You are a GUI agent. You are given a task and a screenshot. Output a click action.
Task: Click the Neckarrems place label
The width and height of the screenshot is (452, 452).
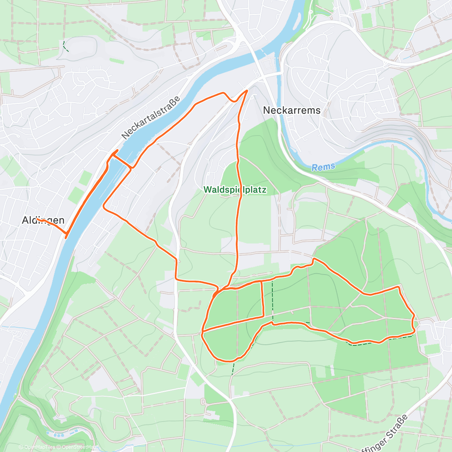(x=292, y=110)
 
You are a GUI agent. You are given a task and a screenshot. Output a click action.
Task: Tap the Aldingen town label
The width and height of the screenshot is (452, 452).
(x=43, y=220)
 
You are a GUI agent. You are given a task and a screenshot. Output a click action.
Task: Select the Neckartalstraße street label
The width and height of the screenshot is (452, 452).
(x=151, y=118)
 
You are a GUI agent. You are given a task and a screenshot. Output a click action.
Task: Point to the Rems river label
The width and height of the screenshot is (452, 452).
(x=323, y=167)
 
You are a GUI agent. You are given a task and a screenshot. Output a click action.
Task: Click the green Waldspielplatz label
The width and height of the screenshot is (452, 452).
(x=235, y=190)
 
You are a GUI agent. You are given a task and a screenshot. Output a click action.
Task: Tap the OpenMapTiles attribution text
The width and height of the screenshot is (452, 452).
(x=40, y=447)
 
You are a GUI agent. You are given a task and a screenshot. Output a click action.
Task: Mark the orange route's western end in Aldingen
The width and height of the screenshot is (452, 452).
(x=37, y=219)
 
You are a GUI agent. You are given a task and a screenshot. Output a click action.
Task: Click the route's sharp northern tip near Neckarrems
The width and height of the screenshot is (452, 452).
(x=247, y=91)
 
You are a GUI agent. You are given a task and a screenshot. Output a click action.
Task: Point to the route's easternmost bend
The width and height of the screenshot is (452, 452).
(x=414, y=324)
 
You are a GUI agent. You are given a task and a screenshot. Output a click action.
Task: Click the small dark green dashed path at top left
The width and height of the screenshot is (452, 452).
(x=66, y=47)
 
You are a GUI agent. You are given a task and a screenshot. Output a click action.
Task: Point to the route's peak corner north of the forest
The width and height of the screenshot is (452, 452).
(x=314, y=259)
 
